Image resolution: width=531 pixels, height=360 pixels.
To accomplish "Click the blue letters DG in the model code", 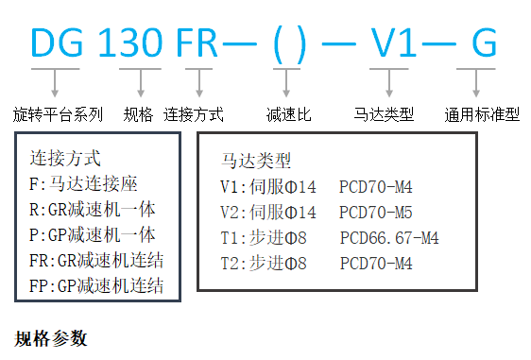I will click(x=59, y=43).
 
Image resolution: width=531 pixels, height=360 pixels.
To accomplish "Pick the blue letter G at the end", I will click(x=482, y=43).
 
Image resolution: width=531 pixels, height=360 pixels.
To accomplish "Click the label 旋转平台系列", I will click(x=59, y=115).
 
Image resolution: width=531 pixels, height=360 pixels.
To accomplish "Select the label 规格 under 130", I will click(x=139, y=115).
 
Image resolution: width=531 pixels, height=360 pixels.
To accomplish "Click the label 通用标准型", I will click(x=482, y=115).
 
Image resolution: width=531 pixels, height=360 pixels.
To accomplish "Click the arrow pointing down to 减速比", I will click(x=280, y=84).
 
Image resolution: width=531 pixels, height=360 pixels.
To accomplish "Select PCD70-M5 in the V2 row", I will click(x=375, y=212).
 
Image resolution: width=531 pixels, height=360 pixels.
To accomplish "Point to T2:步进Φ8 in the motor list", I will click(x=265, y=264).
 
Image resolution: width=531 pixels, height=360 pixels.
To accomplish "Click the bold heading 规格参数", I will click(x=52, y=337).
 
